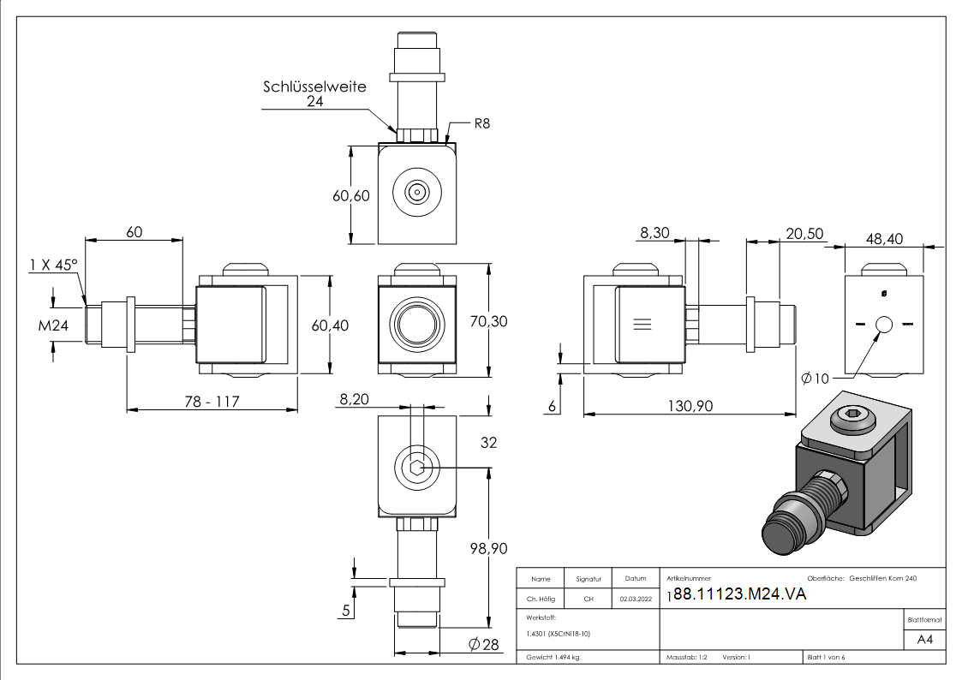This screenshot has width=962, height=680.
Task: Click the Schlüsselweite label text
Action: tap(314, 86)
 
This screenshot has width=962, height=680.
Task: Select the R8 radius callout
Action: tap(482, 123)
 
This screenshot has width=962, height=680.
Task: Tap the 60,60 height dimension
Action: tap(351, 195)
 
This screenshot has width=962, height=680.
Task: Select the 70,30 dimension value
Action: tap(489, 321)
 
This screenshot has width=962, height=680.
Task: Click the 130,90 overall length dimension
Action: tap(690, 406)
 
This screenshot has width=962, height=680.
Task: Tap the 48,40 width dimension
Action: tap(884, 239)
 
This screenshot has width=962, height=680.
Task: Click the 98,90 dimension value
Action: tap(488, 548)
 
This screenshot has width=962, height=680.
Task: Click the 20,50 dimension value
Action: tap(804, 234)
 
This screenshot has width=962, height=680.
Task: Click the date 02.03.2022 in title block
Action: tap(635, 599)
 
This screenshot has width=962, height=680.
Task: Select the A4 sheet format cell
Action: tap(924, 640)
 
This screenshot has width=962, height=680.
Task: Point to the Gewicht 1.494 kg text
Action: tap(553, 657)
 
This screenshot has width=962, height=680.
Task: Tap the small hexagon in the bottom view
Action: tap(416, 468)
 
